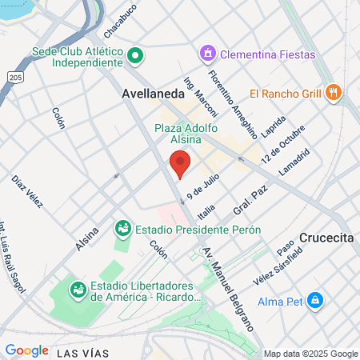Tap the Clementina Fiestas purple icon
coord(207,54)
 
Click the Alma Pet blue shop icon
coord(315,301)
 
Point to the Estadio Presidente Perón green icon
coord(123,229)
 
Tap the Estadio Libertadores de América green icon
coord(78,288)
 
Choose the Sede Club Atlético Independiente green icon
coord(135,55)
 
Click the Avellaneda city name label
coord(152,93)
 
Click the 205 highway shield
coord(16,77)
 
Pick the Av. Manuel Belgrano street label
coord(229,286)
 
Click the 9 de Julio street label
coord(203,189)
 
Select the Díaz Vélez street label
coord(26,192)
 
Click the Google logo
coord(27,350)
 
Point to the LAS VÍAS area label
coord(82,352)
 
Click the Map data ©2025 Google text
coord(311,354)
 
